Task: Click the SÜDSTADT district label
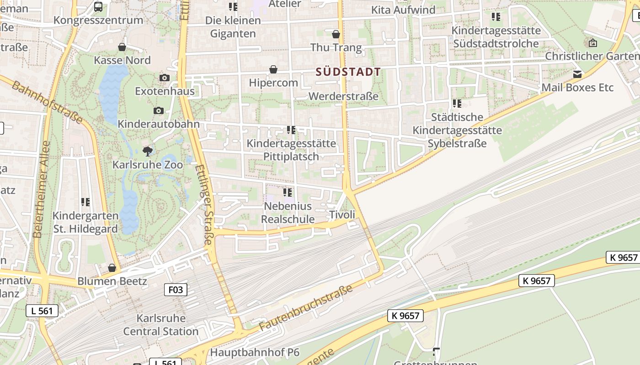tap(348, 72)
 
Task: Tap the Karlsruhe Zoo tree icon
tap(147, 151)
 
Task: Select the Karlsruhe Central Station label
tap(161, 325)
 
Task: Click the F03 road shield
tap(176, 290)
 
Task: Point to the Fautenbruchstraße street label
tap(306, 308)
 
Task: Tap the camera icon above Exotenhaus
tap(165, 78)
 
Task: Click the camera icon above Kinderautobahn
tap(159, 110)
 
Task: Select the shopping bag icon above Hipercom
tap(273, 69)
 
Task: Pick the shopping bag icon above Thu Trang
tap(336, 34)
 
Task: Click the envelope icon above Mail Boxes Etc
tap(578, 74)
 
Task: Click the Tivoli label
tap(342, 215)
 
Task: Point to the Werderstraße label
tap(343, 96)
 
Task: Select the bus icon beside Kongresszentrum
tap(98, 7)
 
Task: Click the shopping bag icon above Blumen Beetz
tap(112, 268)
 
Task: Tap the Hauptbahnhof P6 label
tap(255, 352)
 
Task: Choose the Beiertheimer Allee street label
tap(41, 189)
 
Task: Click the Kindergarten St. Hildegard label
tap(85, 222)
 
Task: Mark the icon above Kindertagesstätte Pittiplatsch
tap(291, 130)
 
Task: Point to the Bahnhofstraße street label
tap(48, 102)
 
